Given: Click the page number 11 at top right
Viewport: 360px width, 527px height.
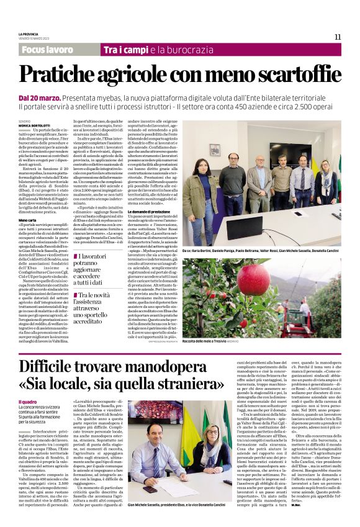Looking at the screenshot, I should (338, 37).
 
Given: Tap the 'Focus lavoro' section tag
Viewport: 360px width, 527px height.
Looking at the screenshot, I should (47, 49).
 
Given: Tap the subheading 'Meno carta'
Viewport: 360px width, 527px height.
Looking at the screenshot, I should (27, 220).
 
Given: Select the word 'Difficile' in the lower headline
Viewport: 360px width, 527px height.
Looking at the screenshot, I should (55, 366).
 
